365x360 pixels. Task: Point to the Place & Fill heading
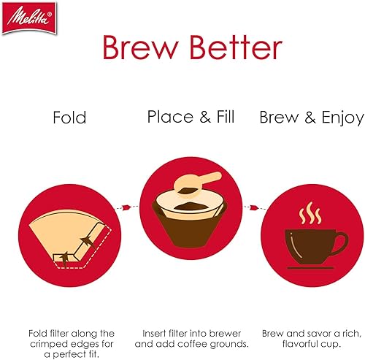(191, 117)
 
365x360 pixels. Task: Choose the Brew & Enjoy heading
(311, 118)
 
